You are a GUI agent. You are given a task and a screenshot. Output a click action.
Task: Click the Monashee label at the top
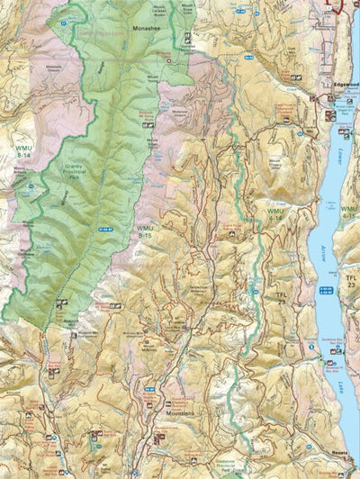(x=148, y=28)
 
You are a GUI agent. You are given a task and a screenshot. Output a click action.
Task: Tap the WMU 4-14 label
(x=275, y=214)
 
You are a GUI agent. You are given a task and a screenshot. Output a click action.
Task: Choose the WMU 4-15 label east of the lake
(x=350, y=214)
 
